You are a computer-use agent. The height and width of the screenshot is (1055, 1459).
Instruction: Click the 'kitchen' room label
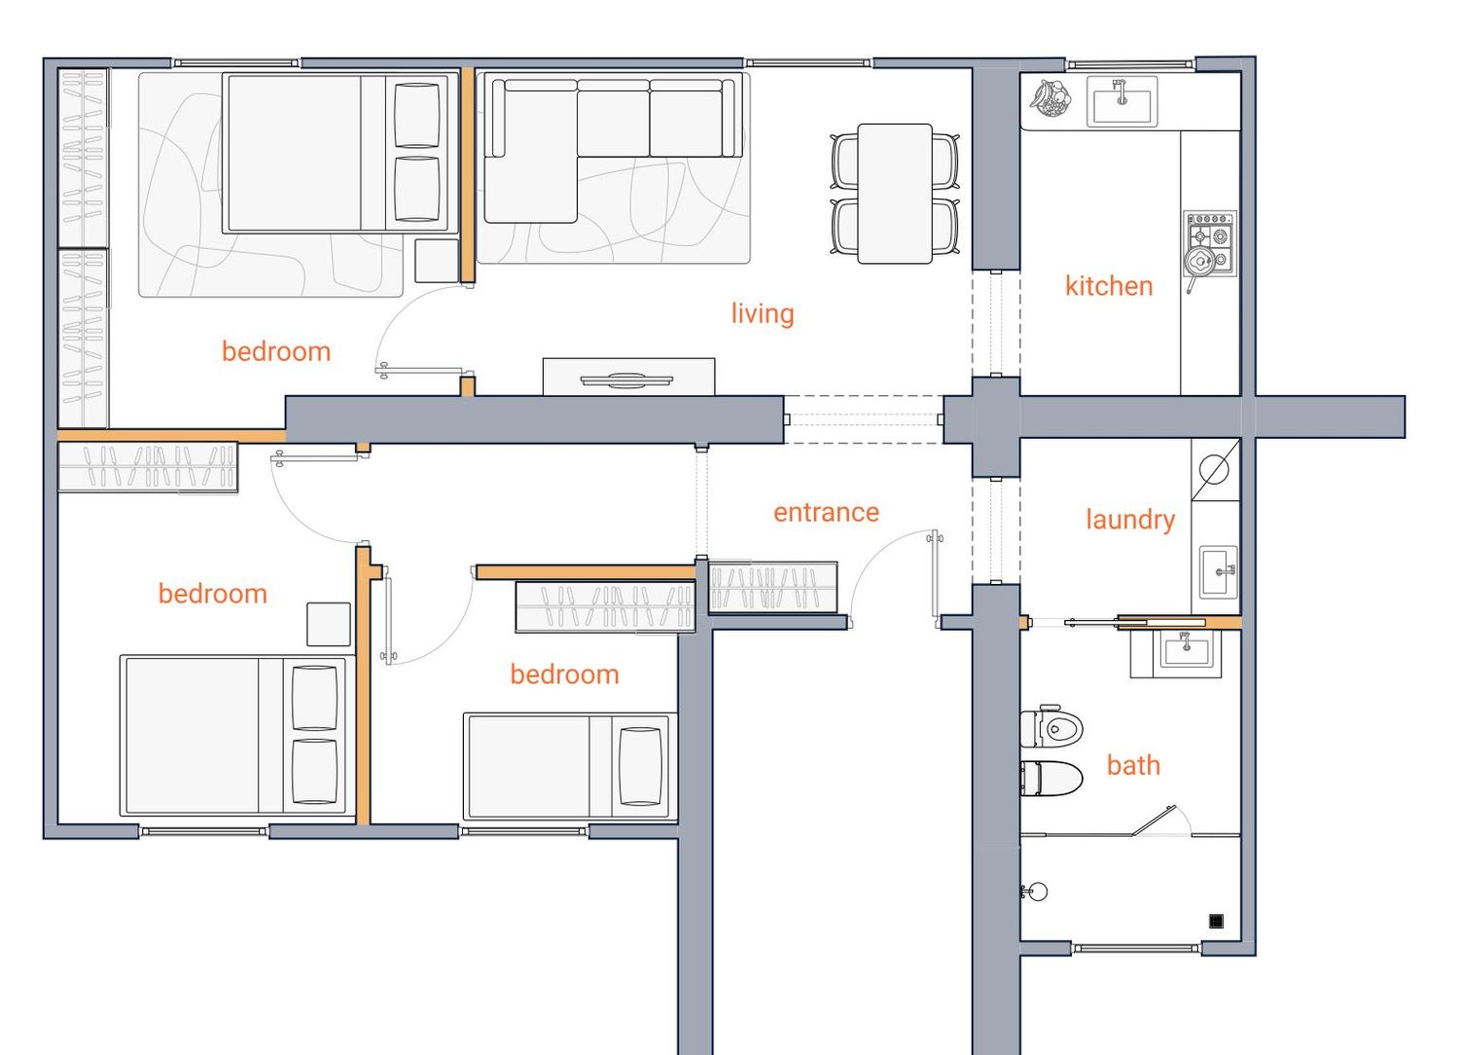tap(1109, 286)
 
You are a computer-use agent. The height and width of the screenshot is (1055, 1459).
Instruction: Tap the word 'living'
tap(762, 313)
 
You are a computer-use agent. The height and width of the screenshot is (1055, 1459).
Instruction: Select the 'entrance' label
tap(826, 512)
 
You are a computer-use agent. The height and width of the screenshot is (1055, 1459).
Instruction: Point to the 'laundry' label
tap(1130, 520)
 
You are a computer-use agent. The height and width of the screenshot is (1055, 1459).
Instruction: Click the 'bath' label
tap(1133, 765)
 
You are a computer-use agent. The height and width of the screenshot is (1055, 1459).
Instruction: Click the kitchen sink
tap(1121, 101)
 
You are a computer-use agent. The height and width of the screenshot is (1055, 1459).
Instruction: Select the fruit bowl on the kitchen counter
tap(1050, 97)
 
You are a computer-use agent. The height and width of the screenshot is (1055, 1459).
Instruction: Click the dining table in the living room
tap(894, 194)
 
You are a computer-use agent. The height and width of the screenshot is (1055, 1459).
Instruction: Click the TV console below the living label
tap(628, 377)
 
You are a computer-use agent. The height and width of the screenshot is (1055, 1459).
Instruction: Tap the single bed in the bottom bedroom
tap(570, 766)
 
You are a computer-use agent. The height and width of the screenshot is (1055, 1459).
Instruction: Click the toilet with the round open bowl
tap(1051, 727)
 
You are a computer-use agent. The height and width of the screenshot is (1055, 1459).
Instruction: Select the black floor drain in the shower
tap(1216, 921)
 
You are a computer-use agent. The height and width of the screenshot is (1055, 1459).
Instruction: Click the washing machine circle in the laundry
tap(1214, 468)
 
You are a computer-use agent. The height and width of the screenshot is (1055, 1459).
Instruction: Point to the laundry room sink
tap(1218, 572)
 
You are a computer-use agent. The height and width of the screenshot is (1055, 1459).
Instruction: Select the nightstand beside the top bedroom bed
tap(437, 261)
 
